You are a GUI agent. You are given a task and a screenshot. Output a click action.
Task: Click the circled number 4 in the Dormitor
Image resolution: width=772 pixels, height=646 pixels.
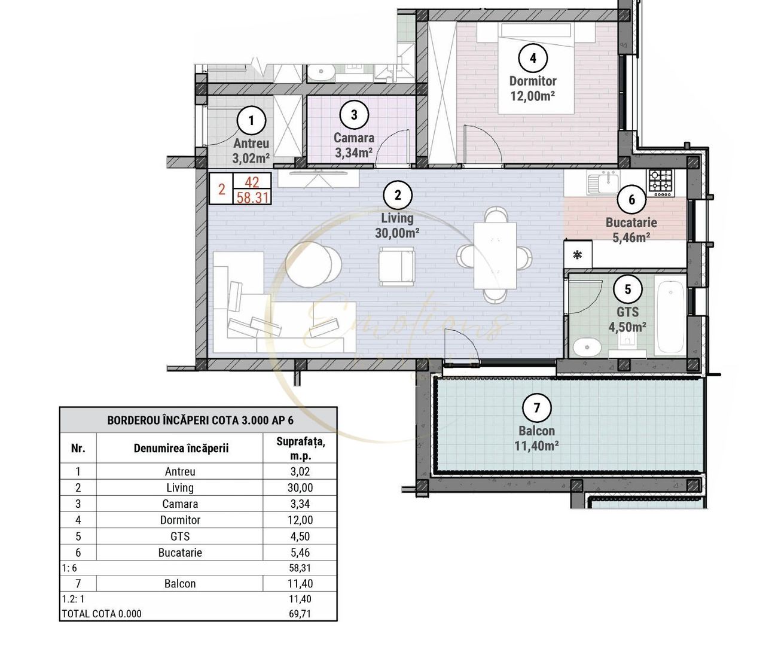[533, 58]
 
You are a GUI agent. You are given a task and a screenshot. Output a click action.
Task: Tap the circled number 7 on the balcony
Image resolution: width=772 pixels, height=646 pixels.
[536, 408]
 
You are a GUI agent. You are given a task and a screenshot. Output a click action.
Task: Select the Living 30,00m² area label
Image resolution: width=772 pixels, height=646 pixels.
[397, 226]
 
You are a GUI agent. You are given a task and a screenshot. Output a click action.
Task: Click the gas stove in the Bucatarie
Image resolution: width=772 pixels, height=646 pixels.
[661, 182]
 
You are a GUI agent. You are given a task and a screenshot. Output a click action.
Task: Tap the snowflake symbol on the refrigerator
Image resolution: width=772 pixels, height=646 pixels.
[578, 255]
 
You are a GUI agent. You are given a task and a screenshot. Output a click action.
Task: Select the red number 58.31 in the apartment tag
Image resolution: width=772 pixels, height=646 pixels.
[252, 197]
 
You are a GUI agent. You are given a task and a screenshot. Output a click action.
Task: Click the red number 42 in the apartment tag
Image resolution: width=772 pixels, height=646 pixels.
[252, 182]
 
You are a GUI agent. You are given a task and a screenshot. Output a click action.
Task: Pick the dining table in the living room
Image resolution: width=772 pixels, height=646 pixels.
[495, 255]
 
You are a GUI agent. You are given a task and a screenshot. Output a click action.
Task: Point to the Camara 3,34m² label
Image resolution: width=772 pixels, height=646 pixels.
[353, 145]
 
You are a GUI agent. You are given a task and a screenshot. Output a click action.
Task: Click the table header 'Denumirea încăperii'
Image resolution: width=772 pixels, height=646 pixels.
[181, 448]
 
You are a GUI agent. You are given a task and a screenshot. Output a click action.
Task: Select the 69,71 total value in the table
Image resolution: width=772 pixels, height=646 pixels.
[300, 614]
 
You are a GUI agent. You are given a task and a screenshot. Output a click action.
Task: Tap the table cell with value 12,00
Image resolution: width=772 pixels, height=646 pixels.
[300, 520]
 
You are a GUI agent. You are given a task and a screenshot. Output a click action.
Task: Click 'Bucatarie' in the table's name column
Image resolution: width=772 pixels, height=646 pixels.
[180, 553]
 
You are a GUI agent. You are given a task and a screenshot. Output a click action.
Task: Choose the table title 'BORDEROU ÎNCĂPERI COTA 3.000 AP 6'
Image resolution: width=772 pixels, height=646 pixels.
[200, 420]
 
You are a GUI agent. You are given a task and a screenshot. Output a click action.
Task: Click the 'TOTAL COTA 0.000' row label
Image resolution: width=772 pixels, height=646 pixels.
[102, 614]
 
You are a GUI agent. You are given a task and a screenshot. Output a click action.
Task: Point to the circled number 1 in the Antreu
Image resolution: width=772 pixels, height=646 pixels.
[251, 120]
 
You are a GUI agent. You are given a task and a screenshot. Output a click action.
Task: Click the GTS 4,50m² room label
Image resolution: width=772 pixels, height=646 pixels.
[627, 319]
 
